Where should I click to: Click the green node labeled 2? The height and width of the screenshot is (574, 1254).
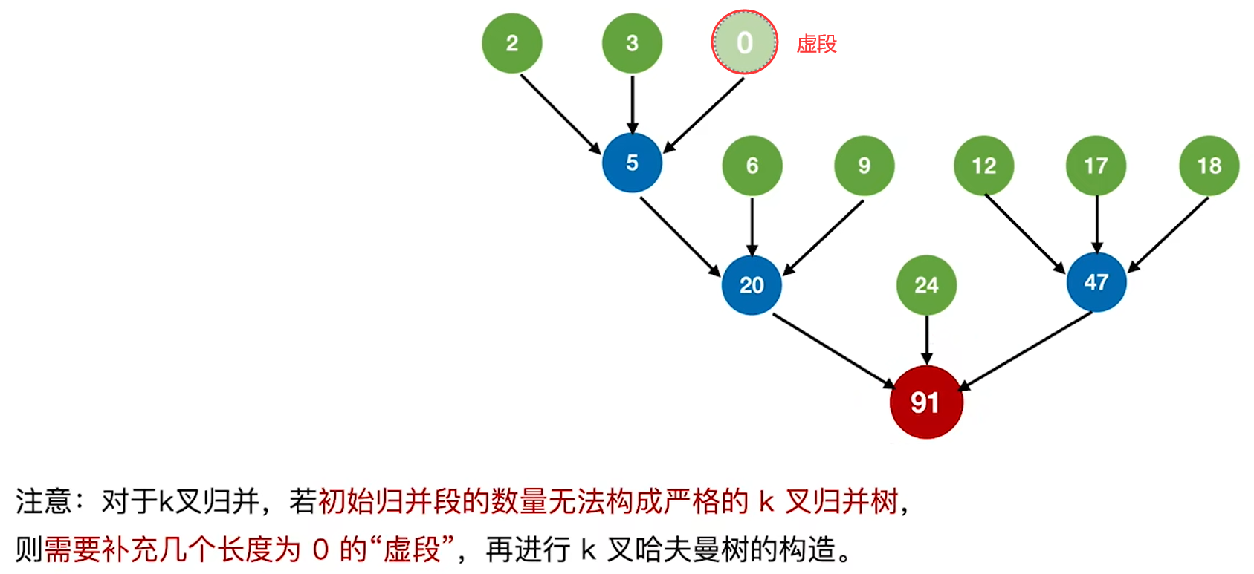(x=511, y=43)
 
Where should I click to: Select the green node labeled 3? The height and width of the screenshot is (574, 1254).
(x=632, y=43)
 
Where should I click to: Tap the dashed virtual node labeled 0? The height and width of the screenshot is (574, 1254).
(x=745, y=42)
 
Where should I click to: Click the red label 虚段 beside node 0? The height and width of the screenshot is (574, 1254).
(x=817, y=44)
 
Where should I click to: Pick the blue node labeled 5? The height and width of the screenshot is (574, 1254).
(x=632, y=163)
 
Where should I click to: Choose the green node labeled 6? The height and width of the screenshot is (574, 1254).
(x=752, y=166)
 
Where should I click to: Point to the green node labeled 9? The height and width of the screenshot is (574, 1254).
(x=864, y=166)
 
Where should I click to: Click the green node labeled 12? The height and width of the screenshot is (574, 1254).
(x=984, y=166)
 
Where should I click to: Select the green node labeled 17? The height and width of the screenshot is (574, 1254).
(x=1096, y=166)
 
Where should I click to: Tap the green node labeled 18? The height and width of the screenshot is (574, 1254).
(x=1209, y=166)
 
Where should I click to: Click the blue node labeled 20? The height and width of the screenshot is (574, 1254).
(x=752, y=285)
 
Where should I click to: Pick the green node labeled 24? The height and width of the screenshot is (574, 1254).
(x=926, y=285)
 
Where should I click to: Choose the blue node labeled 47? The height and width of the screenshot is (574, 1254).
(x=1096, y=282)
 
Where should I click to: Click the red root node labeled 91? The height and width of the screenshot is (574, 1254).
(x=926, y=402)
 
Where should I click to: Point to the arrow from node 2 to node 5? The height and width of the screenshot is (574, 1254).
(x=560, y=114)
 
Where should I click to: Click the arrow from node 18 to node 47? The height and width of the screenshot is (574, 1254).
(x=1168, y=235)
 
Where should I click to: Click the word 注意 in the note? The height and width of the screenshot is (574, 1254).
(x=43, y=500)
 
